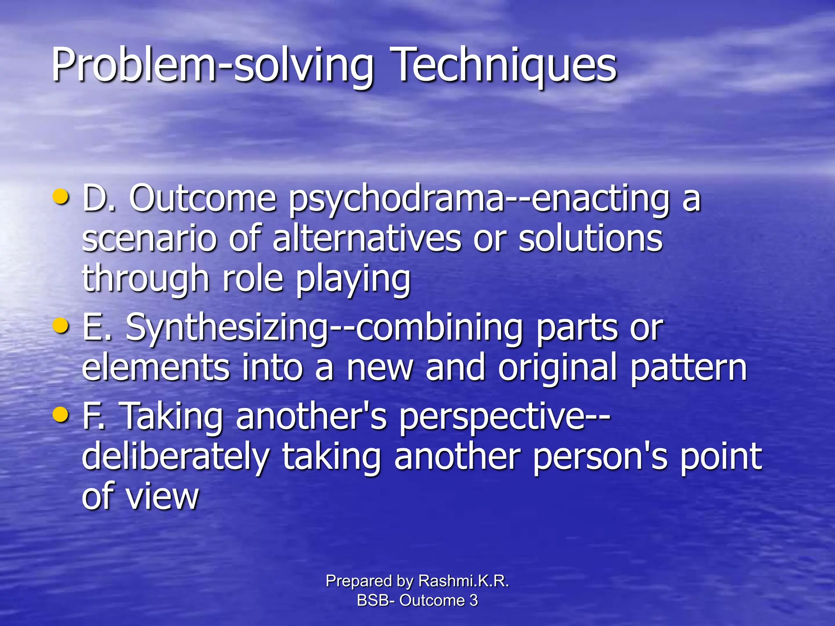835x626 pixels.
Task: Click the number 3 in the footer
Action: tap(473, 600)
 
